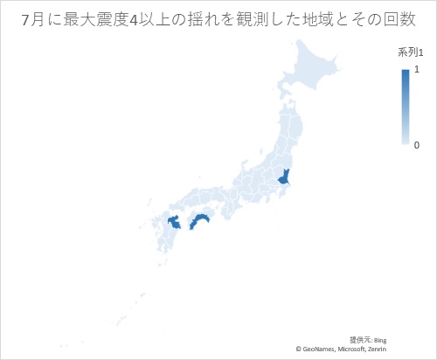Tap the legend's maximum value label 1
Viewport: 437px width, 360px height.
click(416, 69)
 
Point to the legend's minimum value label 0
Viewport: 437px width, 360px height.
click(416, 144)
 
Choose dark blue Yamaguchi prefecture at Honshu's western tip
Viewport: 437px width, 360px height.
click(174, 223)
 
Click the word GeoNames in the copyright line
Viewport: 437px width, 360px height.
click(318, 349)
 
